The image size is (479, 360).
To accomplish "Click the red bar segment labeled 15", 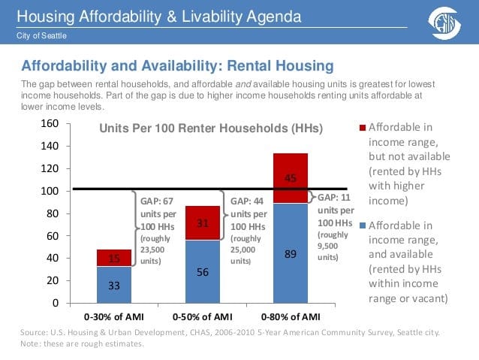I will (114, 258).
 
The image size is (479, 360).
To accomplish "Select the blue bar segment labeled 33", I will (114, 285).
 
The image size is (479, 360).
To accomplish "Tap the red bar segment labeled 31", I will (203, 222).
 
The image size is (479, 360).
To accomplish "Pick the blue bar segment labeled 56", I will (203, 271).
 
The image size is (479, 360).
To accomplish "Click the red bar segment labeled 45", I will (291, 178).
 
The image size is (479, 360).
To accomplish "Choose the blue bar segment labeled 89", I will (291, 253).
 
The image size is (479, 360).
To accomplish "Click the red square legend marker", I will (363, 129).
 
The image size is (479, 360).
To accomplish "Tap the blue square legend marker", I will (363, 225).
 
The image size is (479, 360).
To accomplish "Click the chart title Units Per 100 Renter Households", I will (211, 129).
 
